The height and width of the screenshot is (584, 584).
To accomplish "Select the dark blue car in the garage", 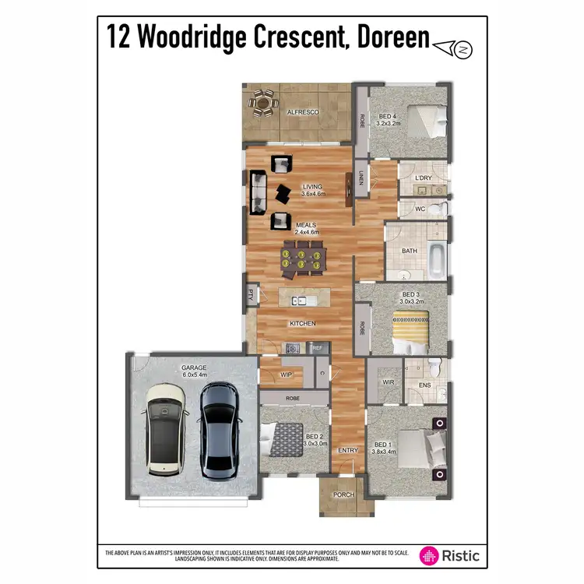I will coord(219,430).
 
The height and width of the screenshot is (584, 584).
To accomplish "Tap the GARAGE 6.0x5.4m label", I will coord(194,370).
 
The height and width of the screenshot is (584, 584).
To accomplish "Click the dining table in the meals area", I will coord(300,259).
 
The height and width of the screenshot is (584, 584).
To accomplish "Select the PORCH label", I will coord(343,495).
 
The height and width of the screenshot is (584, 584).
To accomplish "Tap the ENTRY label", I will coord(347,451).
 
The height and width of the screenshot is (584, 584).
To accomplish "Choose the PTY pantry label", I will coord(251,294).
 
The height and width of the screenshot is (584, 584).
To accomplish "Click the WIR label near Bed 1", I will coord(387,382).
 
